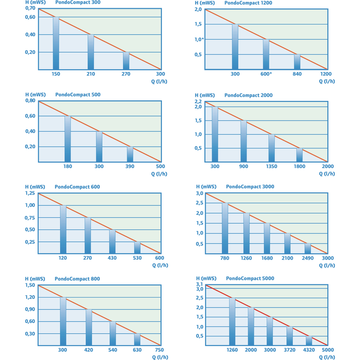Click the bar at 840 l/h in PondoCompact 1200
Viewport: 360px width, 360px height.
tap(297, 62)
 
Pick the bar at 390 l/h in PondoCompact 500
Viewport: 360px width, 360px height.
tap(130, 154)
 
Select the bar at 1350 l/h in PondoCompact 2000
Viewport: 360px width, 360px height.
tap(272, 148)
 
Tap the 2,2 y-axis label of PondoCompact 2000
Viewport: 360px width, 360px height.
tap(198, 102)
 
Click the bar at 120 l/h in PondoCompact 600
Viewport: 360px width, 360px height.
tap(63, 229)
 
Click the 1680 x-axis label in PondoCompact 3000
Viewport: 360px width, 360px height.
tap(267, 258)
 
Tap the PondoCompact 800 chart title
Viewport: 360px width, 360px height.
tap(77, 279)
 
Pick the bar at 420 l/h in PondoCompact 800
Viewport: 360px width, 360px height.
tap(89, 327)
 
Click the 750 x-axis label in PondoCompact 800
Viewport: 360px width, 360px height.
tap(160, 350)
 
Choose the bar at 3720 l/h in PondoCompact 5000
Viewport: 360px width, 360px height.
tap(290, 336)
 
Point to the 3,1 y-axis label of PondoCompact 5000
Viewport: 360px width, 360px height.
tap(198, 284)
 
